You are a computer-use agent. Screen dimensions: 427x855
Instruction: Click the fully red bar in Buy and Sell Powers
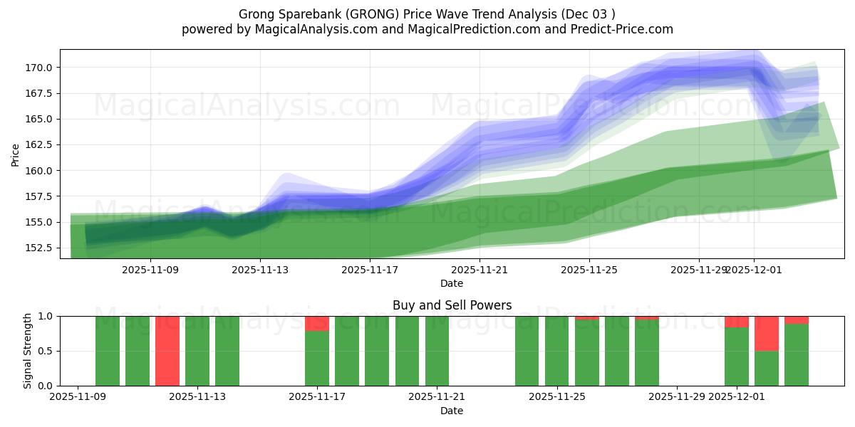(x=167, y=351)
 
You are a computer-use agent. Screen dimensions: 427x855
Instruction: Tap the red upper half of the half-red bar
(x=767, y=333)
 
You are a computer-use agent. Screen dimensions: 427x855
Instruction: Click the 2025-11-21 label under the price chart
(x=480, y=270)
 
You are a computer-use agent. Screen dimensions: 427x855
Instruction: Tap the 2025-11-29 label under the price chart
(x=698, y=270)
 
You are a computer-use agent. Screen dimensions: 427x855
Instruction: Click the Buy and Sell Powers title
(x=452, y=305)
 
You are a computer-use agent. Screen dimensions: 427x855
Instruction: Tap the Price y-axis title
(x=16, y=154)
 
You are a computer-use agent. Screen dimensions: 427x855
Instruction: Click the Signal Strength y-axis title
(x=27, y=351)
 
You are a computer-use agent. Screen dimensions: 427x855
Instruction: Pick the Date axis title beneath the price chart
(x=452, y=283)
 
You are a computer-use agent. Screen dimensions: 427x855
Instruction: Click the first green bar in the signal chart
(x=108, y=351)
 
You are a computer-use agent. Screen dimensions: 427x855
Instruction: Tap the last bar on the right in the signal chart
(x=797, y=354)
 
